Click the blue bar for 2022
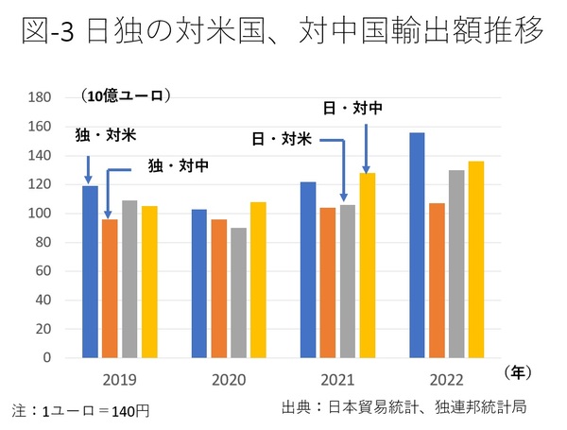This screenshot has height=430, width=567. (x=417, y=246)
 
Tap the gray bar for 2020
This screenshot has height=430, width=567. (x=238, y=293)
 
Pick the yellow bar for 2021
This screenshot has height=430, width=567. (x=367, y=266)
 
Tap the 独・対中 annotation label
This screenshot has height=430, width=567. (x=178, y=164)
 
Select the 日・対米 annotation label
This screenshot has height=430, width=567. (x=282, y=138)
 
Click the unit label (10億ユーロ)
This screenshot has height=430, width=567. (x=126, y=95)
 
